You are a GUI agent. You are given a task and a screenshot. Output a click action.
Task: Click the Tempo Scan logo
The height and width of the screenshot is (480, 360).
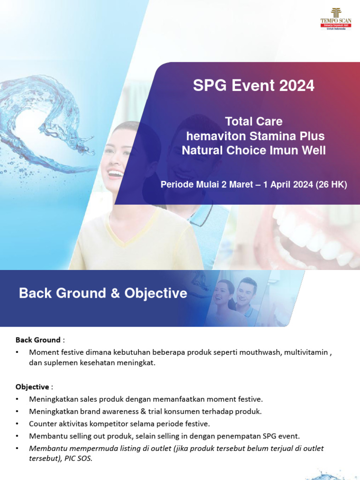pyautogui.click(x=336, y=19)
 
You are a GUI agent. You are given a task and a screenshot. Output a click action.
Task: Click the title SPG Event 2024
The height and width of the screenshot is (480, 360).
pyautogui.click(x=254, y=86)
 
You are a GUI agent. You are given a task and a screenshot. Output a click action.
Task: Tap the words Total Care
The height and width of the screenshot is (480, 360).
pyautogui.click(x=254, y=121)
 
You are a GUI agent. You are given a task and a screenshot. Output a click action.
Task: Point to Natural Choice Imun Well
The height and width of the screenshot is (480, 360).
pyautogui.click(x=254, y=150)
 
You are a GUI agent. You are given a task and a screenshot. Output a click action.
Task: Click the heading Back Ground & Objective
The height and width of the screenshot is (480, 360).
pyautogui.click(x=103, y=293)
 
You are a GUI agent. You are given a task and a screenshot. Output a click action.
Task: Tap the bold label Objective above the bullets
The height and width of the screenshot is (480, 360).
pyautogui.click(x=32, y=387)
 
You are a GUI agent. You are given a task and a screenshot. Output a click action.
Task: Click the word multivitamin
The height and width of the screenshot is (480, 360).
pyautogui.click(x=306, y=352)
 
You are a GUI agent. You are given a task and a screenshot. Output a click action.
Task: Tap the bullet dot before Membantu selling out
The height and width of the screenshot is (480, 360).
pyautogui.click(x=17, y=436)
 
